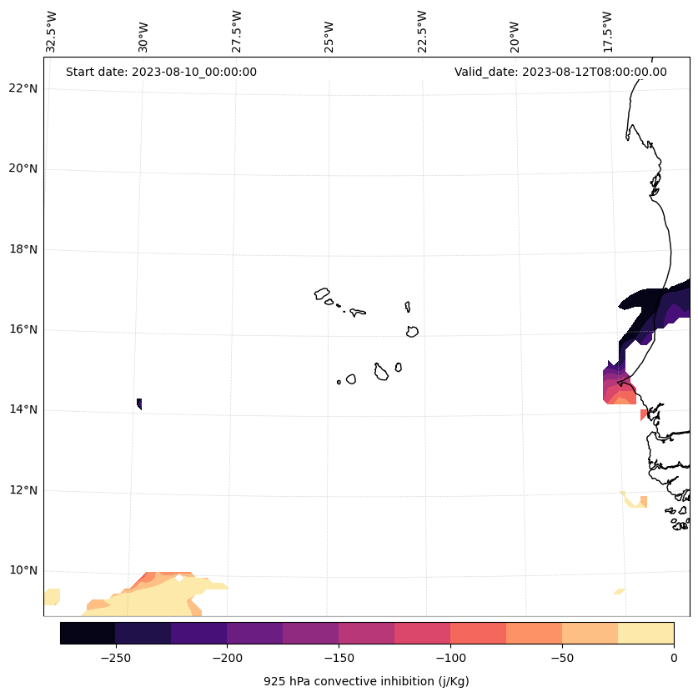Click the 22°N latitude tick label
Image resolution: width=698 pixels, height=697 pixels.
tap(22, 88)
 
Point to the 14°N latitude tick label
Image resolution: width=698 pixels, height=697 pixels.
tap(22, 409)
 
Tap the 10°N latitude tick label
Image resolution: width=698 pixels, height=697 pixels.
tap(22, 570)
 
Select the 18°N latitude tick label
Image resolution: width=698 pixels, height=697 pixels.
tap(22, 249)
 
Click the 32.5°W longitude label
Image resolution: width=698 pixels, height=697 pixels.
tap(52, 32)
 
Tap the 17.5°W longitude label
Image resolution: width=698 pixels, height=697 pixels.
tap(607, 32)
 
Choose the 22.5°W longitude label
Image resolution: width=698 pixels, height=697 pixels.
tap(422, 32)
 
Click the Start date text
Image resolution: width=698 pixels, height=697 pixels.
tap(161, 72)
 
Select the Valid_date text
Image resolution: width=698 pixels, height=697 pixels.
tap(560, 72)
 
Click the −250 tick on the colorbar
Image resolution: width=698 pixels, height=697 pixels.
tap(115, 657)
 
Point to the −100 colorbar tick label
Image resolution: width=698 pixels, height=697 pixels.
tap(450, 657)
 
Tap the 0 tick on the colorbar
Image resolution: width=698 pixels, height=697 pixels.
tap(674, 657)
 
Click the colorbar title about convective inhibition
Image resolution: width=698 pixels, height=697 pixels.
tap(366, 681)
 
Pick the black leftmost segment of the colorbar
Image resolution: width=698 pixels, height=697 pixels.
tap(88, 633)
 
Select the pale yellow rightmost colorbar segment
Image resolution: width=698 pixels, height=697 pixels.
tap(645, 633)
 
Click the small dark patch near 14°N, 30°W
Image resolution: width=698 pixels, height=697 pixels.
tap(139, 404)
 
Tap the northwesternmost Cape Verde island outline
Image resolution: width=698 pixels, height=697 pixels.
tap(322, 293)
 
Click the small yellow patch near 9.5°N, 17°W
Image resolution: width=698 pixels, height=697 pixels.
tap(620, 591)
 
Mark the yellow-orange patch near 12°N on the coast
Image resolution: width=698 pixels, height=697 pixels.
tap(637, 501)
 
